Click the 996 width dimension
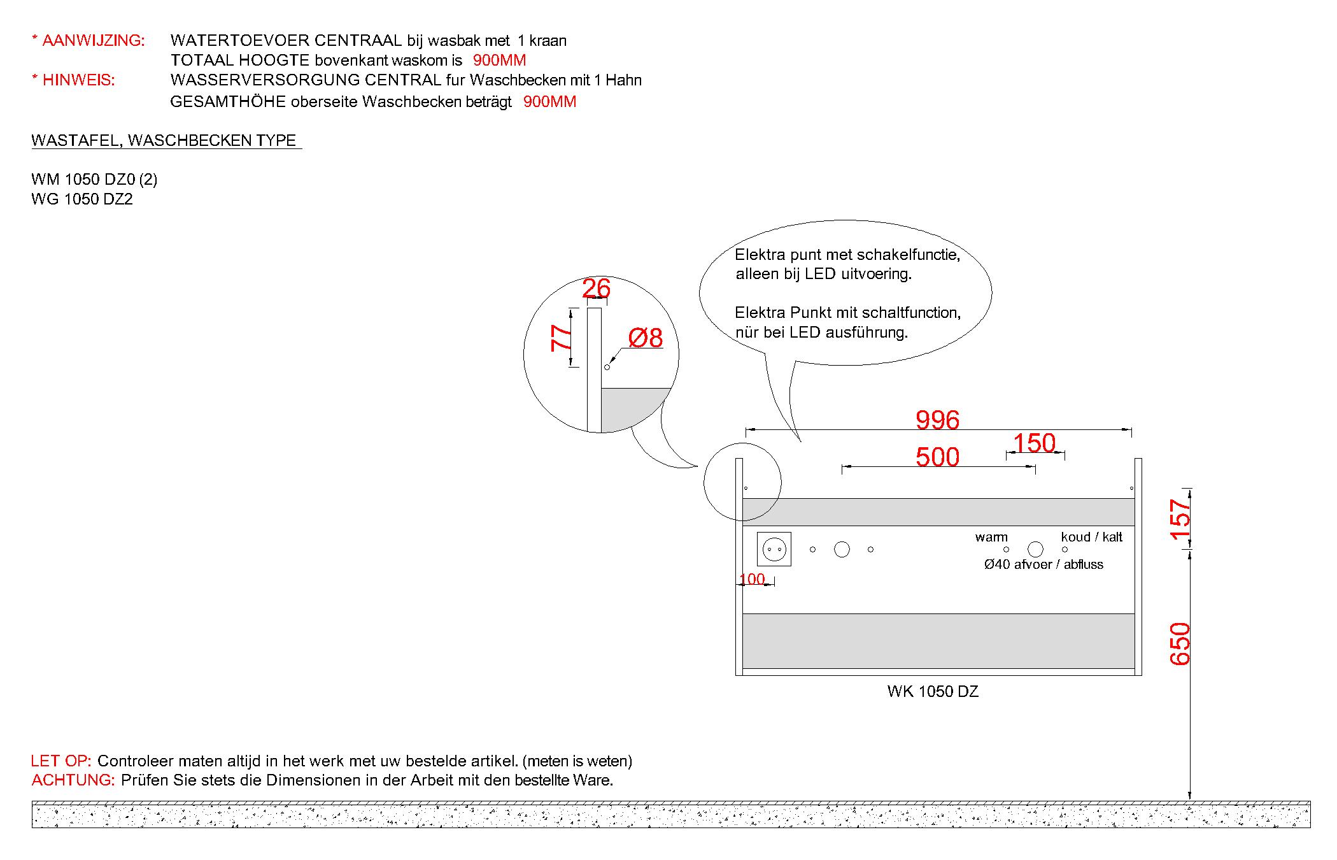click(x=937, y=420)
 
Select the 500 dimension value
click(x=937, y=457)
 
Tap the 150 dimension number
click(x=1034, y=443)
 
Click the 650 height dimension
click(x=1180, y=643)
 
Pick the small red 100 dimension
click(x=753, y=579)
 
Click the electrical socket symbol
click(x=774, y=548)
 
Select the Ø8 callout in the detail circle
click(x=645, y=338)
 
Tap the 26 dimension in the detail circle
click(x=597, y=289)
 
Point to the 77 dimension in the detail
click(x=561, y=338)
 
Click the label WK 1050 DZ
click(x=933, y=691)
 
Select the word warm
click(x=991, y=537)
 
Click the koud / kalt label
click(x=1091, y=537)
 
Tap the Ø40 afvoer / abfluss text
click(x=1043, y=564)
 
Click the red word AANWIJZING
click(x=93, y=41)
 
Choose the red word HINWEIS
click(x=78, y=80)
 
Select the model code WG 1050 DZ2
click(x=82, y=199)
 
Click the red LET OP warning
click(x=62, y=761)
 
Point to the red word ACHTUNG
click(x=73, y=780)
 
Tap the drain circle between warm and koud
click(x=1036, y=549)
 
